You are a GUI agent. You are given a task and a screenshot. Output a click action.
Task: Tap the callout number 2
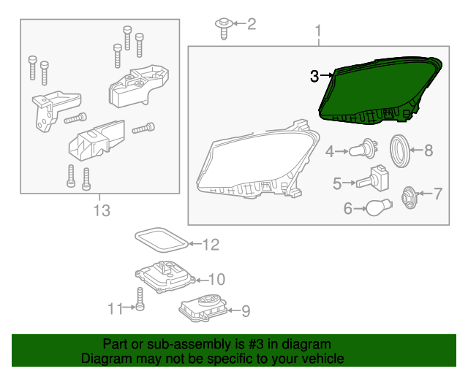click(x=252, y=25)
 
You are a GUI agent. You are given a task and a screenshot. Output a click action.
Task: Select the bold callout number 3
click(x=314, y=75)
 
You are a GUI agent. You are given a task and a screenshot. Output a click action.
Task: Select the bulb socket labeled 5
click(x=375, y=179)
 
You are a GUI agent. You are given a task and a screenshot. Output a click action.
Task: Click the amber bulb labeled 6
click(x=380, y=209)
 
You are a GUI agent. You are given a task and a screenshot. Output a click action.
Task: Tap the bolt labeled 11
click(x=138, y=298)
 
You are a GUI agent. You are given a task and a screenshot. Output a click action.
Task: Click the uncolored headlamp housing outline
click(x=256, y=161)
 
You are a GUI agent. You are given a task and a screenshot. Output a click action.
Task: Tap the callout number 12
click(x=211, y=245)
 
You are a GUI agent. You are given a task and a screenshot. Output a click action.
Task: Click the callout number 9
click(x=246, y=311)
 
